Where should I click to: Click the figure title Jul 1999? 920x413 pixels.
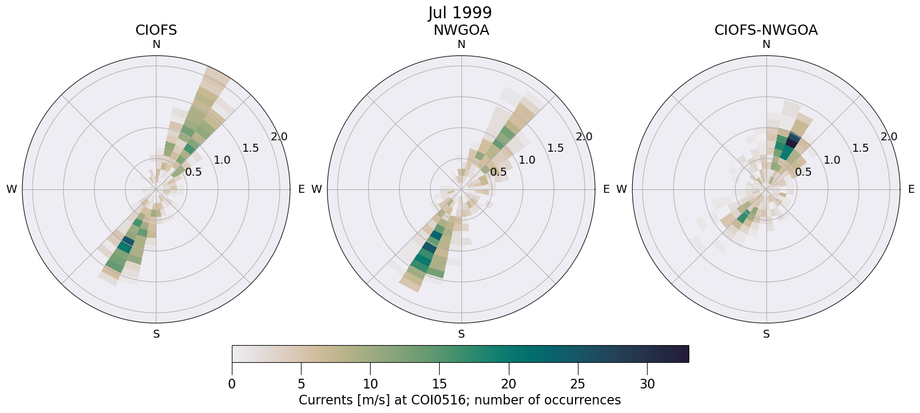(460, 13)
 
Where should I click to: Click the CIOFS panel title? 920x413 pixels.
(156, 30)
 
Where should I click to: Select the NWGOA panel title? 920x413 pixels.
(461, 30)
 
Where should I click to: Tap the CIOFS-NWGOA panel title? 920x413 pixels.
(766, 30)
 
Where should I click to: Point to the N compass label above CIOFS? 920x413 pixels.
(156, 44)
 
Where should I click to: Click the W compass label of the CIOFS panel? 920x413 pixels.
(11, 189)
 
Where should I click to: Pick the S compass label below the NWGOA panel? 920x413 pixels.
(461, 334)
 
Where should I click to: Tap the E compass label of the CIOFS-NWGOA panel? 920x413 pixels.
(911, 189)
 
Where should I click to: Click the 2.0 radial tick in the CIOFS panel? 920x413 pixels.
(279, 137)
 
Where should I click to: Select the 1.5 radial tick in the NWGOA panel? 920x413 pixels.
(556, 148)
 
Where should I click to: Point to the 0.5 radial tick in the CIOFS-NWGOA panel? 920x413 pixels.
(804, 172)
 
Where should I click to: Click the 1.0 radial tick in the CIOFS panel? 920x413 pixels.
(222, 160)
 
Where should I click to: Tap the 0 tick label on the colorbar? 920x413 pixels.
(232, 384)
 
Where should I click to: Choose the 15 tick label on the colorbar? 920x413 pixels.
(439, 384)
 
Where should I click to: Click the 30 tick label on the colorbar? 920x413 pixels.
(647, 384)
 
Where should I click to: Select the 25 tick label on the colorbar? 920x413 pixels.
(578, 384)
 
